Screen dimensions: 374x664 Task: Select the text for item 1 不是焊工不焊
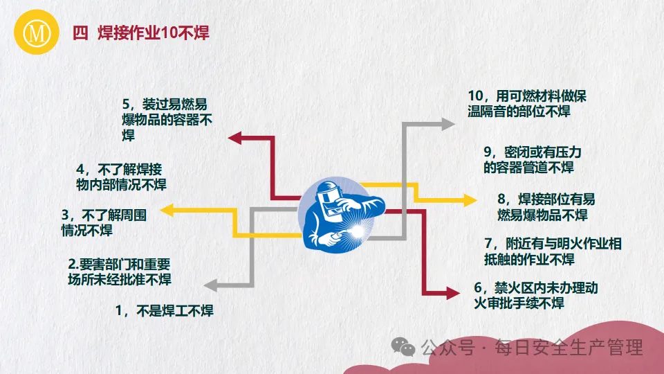[164, 311]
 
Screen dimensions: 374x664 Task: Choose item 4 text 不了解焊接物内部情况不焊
[120, 177]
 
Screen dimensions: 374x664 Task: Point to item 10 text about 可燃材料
[526, 103]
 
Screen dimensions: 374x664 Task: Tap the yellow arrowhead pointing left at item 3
[168, 208]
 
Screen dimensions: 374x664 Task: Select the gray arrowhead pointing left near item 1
[210, 283]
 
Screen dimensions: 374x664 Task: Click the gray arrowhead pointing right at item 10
[449, 124]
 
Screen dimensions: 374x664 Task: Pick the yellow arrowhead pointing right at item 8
[470, 200]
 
